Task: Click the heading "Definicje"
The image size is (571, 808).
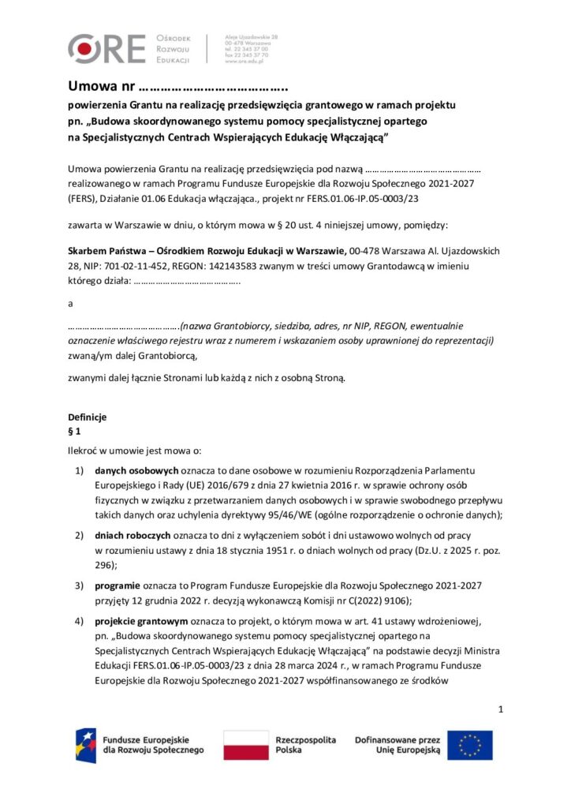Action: [x=87, y=417]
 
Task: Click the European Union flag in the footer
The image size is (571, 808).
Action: [x=470, y=745]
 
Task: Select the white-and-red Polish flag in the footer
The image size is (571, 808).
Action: [x=245, y=745]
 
